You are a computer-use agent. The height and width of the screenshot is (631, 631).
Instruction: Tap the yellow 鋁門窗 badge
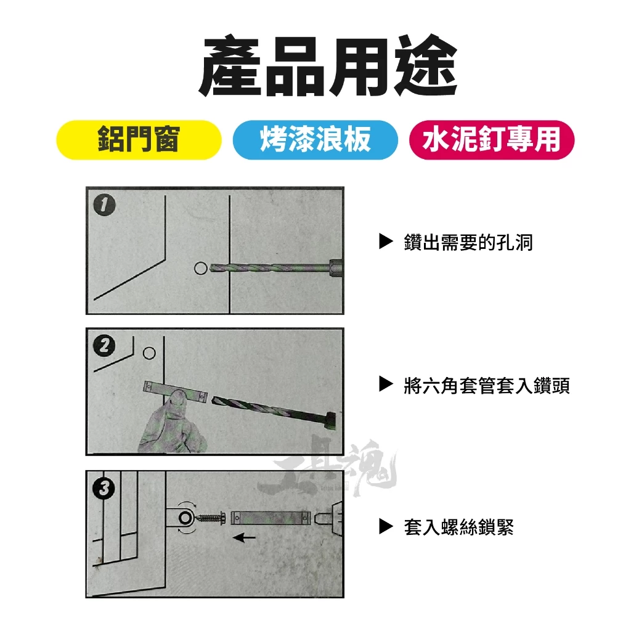tap(139, 140)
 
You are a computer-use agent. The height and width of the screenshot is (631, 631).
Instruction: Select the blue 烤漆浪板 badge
tap(315, 140)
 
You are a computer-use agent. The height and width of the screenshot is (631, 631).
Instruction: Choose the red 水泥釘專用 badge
tap(491, 140)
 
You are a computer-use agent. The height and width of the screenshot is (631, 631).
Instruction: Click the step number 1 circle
tap(104, 205)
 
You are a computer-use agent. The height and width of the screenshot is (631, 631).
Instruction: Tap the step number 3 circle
tap(104, 488)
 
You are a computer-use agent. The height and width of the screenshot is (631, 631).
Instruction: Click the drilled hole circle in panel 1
tap(200, 269)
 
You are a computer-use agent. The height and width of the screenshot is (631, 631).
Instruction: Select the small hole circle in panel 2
tap(149, 353)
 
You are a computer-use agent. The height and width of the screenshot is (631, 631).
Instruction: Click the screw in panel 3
tap(211, 517)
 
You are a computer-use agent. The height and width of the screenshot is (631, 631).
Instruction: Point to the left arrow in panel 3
tap(244, 537)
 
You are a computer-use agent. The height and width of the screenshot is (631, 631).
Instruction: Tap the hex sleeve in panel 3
tap(272, 518)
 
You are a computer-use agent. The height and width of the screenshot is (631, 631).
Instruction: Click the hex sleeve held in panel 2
tap(175, 391)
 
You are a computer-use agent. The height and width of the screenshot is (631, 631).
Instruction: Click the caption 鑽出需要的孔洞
tap(468, 242)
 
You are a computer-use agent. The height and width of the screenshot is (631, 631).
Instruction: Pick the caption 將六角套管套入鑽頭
tap(487, 385)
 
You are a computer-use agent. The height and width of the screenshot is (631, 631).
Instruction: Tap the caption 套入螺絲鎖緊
tap(458, 527)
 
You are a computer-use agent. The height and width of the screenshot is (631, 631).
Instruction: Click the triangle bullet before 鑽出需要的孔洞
tap(386, 242)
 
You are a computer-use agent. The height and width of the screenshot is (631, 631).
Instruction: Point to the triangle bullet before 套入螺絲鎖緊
tap(386, 526)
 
